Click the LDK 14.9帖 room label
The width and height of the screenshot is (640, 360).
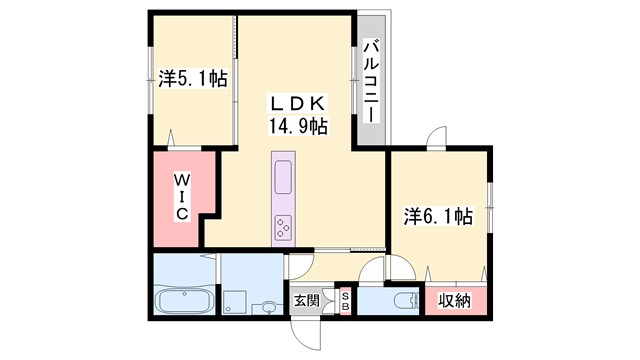coord(296,115)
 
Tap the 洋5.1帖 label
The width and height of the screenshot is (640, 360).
coord(192,78)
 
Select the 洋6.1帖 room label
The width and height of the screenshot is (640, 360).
coord(437,215)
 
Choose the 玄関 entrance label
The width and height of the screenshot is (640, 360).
coord(306,300)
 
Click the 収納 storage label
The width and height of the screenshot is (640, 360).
coord(455,299)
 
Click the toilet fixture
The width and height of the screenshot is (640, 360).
coord(404,301)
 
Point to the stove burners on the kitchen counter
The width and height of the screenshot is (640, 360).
coord(283,228)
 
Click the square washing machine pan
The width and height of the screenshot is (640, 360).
coord(237,300)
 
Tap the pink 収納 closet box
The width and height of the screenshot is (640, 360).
coord(455,299)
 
